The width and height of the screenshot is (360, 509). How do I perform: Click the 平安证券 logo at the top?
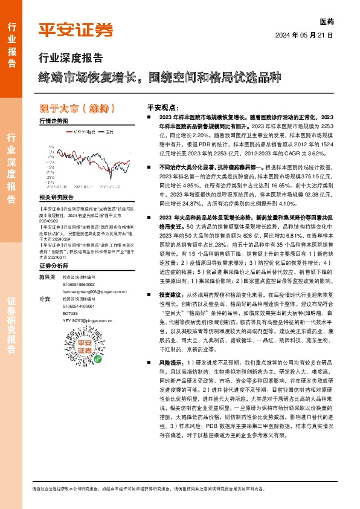(76, 30)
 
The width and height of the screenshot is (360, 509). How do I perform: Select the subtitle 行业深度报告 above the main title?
(71, 58)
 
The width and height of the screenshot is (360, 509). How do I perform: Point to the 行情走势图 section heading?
(54, 121)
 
